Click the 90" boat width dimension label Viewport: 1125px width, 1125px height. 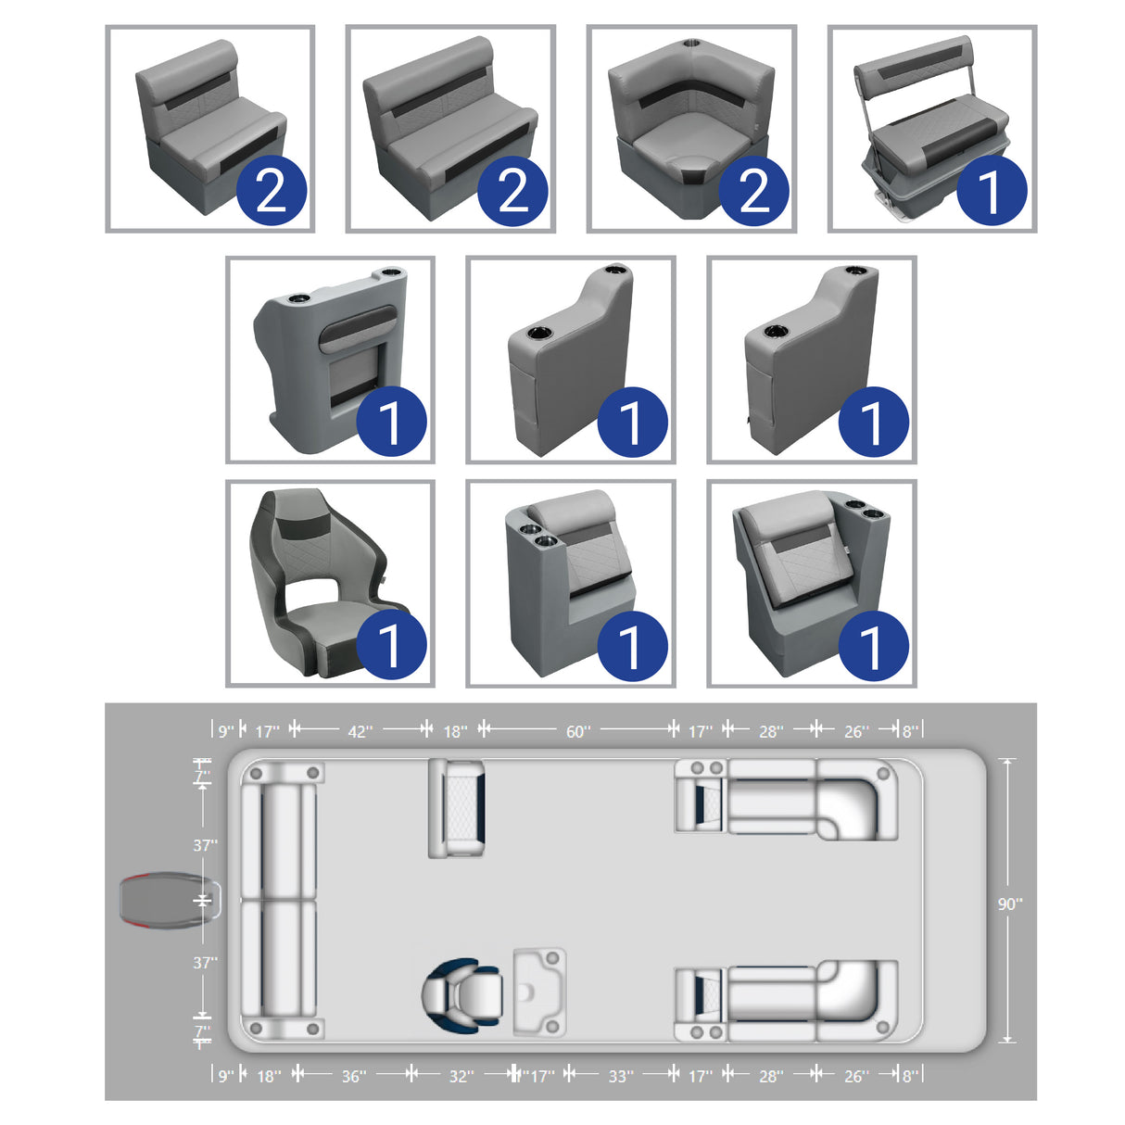(x=1009, y=904)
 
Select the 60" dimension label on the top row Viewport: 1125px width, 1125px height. (x=577, y=732)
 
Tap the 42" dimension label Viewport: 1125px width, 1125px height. (x=360, y=732)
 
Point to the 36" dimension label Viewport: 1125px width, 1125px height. (x=353, y=1076)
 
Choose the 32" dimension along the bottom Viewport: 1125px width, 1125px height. (x=461, y=1076)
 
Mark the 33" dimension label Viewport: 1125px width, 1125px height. (x=620, y=1076)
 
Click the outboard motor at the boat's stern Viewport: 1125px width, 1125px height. (x=167, y=900)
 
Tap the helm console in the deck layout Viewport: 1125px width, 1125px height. (x=539, y=991)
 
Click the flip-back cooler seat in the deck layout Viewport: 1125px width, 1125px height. (x=456, y=807)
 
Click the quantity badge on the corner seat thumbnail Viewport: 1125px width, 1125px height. (x=753, y=191)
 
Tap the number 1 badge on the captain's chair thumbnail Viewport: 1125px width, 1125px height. (x=390, y=645)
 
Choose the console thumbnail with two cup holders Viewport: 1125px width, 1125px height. (x=330, y=360)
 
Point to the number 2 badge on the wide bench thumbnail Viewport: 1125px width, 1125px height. (x=512, y=191)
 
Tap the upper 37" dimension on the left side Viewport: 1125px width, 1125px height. (x=205, y=845)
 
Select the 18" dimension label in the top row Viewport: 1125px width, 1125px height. (x=454, y=732)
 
